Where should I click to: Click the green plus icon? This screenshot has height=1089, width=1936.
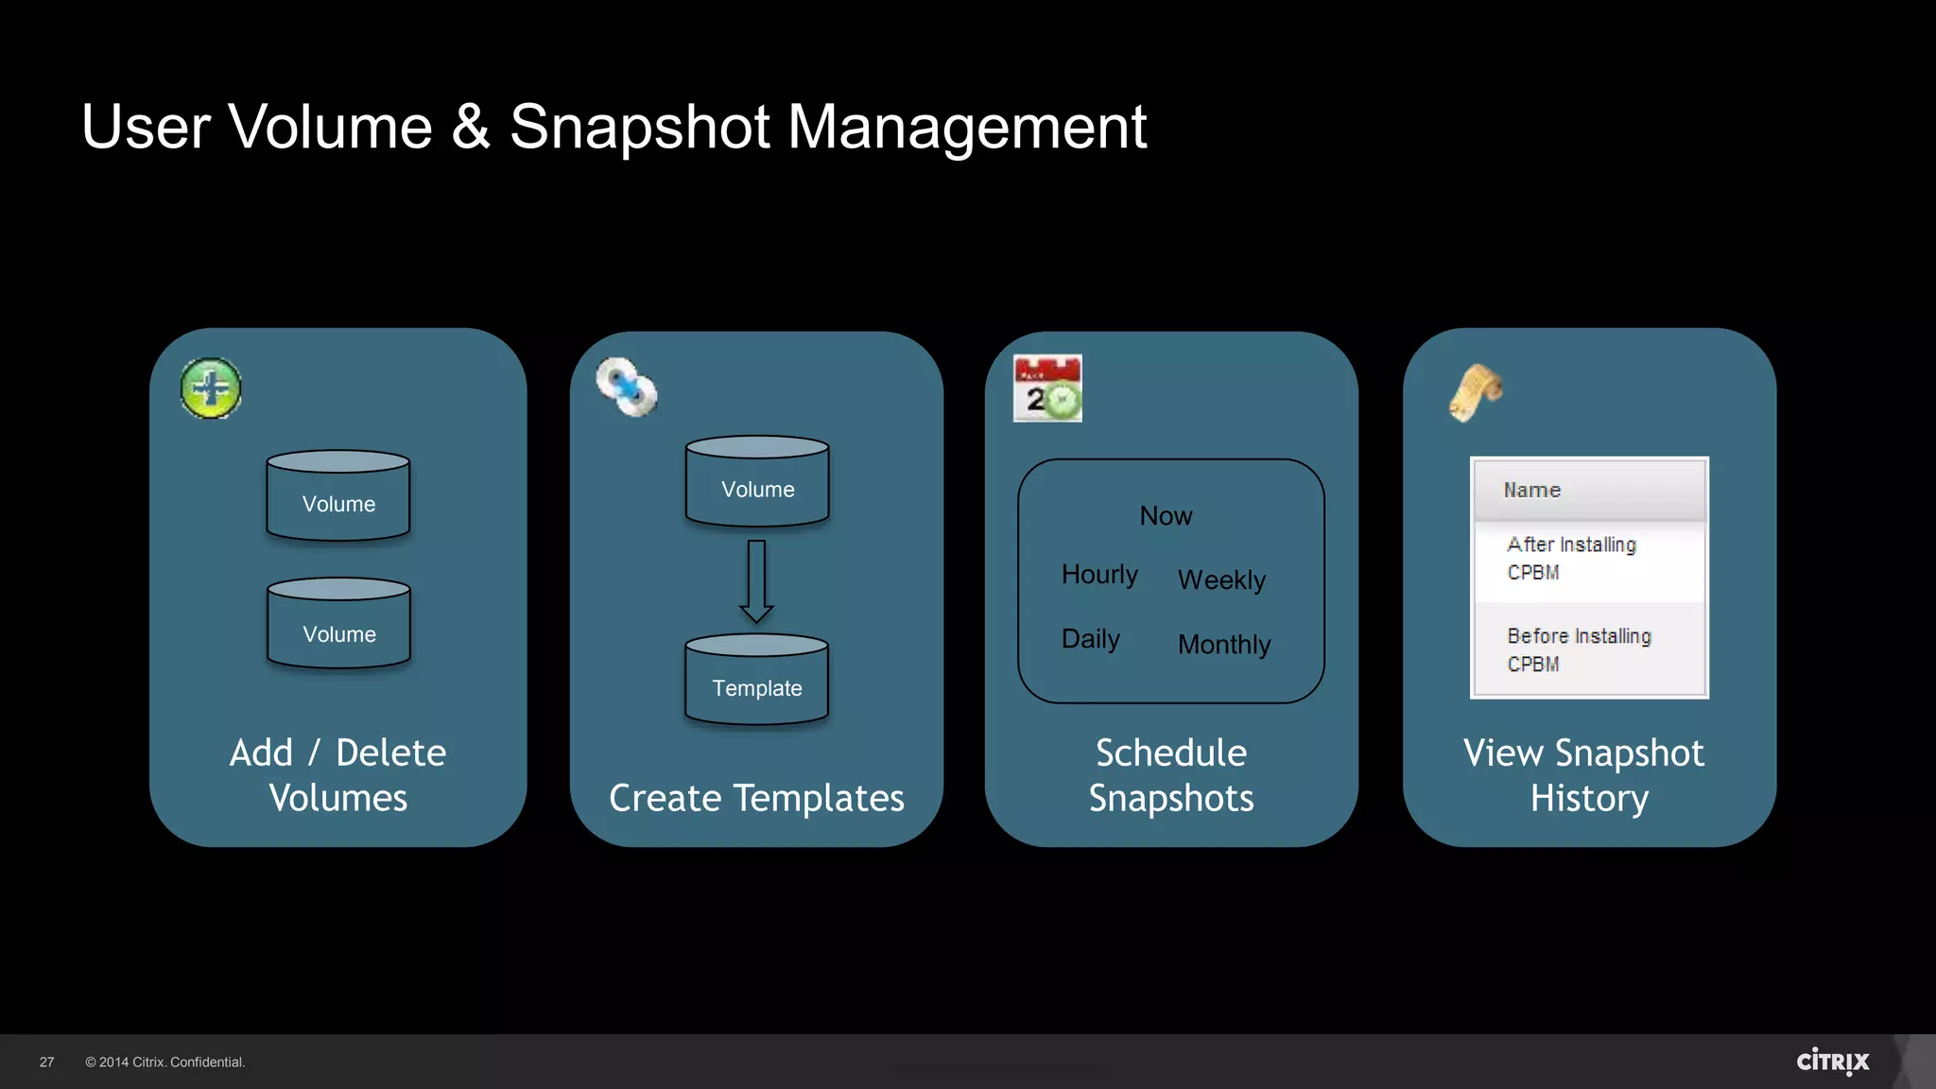(211, 389)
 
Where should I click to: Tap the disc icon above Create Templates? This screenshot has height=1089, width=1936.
(626, 388)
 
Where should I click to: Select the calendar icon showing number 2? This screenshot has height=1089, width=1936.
(1047, 389)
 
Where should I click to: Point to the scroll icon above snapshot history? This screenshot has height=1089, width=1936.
(1476, 392)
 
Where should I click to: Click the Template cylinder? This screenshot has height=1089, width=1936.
(756, 680)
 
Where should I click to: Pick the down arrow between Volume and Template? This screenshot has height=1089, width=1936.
(756, 580)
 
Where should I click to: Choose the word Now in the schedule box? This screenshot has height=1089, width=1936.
(1166, 516)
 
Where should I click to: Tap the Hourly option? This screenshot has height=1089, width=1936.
(1099, 575)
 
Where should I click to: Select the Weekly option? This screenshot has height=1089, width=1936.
(1221, 580)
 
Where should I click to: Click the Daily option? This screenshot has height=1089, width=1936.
(1090, 639)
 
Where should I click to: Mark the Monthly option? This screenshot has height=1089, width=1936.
(1224, 645)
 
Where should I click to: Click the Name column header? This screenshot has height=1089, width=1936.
(1532, 491)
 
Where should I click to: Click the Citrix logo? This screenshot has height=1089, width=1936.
(1833, 1062)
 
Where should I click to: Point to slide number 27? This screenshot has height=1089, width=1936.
(47, 1063)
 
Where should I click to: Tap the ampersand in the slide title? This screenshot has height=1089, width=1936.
(471, 128)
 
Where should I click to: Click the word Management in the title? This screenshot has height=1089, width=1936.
(967, 128)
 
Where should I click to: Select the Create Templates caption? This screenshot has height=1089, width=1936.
(756, 799)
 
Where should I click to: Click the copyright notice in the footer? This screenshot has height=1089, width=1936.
(165, 1063)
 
